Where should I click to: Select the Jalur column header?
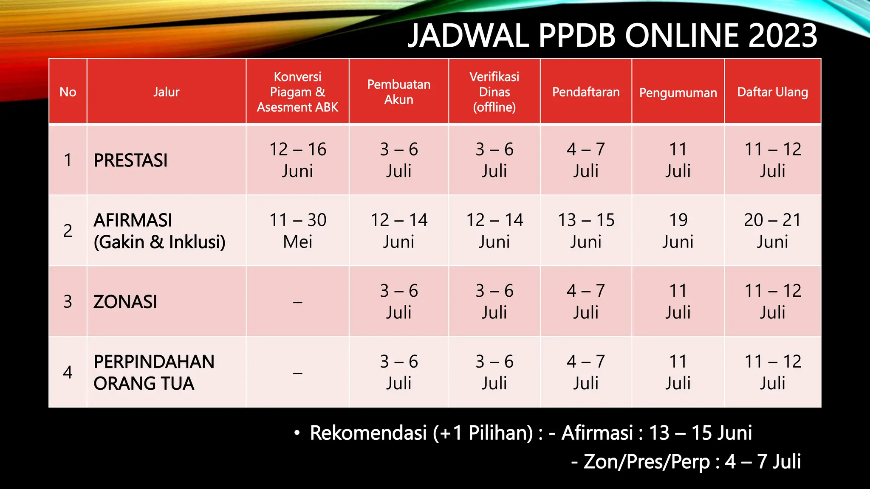(166, 92)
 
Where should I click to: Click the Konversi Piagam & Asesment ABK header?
(297, 92)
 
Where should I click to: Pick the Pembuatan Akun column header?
(398, 92)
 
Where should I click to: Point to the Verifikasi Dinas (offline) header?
(494, 92)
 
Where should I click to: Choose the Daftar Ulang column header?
(772, 92)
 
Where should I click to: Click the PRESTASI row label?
(130, 160)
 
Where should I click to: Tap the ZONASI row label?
(125, 302)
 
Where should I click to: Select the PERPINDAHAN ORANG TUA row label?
(154, 372)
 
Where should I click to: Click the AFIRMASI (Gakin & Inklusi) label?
(159, 231)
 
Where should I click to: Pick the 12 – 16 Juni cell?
(297, 160)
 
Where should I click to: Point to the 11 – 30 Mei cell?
(297, 231)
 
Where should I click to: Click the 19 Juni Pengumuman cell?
(678, 231)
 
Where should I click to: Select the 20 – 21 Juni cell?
(772, 231)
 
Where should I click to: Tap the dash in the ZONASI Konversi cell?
(297, 302)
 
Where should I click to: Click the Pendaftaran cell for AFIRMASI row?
(586, 231)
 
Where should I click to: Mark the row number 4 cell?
(68, 372)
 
